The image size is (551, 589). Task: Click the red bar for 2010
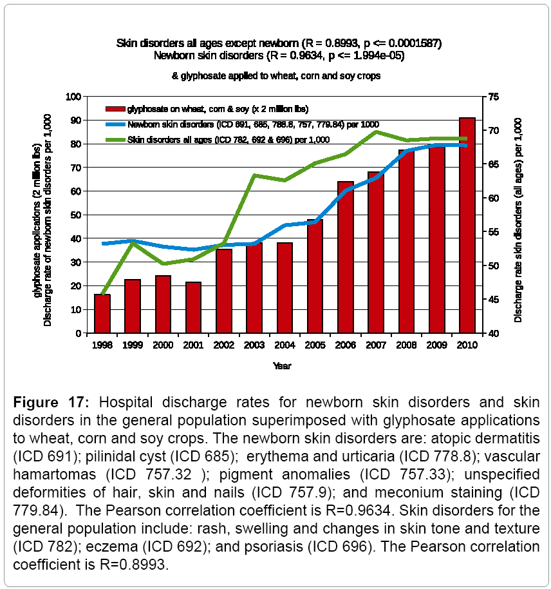[x=467, y=226]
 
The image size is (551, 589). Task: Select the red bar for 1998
[x=102, y=314]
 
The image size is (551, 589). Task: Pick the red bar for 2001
[x=193, y=307]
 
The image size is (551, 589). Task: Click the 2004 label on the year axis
[x=285, y=345]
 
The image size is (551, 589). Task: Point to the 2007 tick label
[x=375, y=345]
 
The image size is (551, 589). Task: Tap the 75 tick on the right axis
[x=494, y=97]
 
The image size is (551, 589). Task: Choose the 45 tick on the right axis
[x=494, y=300]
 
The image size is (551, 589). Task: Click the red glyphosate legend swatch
[x=115, y=108]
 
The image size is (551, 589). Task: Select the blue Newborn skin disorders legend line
[x=115, y=124]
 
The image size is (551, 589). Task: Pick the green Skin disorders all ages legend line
[x=115, y=139]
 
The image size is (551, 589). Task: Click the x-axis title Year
[x=281, y=366]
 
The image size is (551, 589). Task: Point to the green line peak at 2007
[x=376, y=132]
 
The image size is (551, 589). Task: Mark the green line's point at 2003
[x=254, y=175]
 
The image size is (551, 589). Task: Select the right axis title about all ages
[x=518, y=215]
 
